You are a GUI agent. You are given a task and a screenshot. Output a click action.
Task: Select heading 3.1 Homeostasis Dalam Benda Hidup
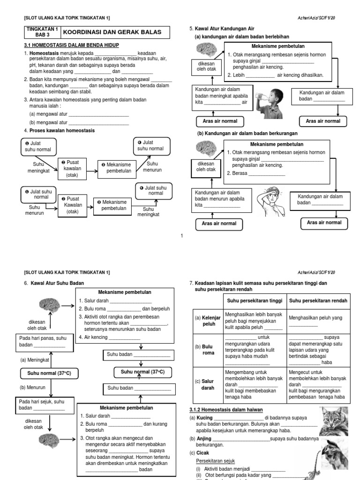(x=71, y=45)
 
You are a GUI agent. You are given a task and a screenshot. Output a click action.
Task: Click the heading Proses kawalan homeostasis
(x=62, y=130)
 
